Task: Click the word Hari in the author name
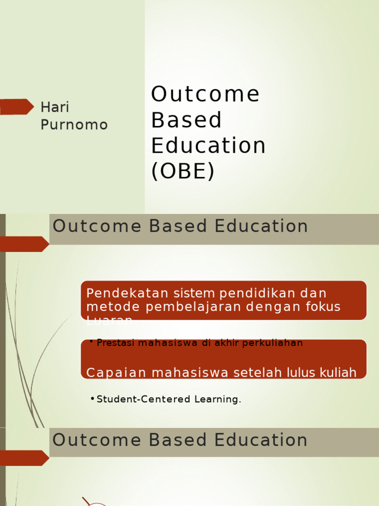coord(54,107)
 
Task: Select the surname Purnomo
coord(74,125)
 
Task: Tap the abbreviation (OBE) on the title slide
coord(183,171)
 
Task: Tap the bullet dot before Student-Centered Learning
coord(93,399)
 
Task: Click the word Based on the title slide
coord(187,120)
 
